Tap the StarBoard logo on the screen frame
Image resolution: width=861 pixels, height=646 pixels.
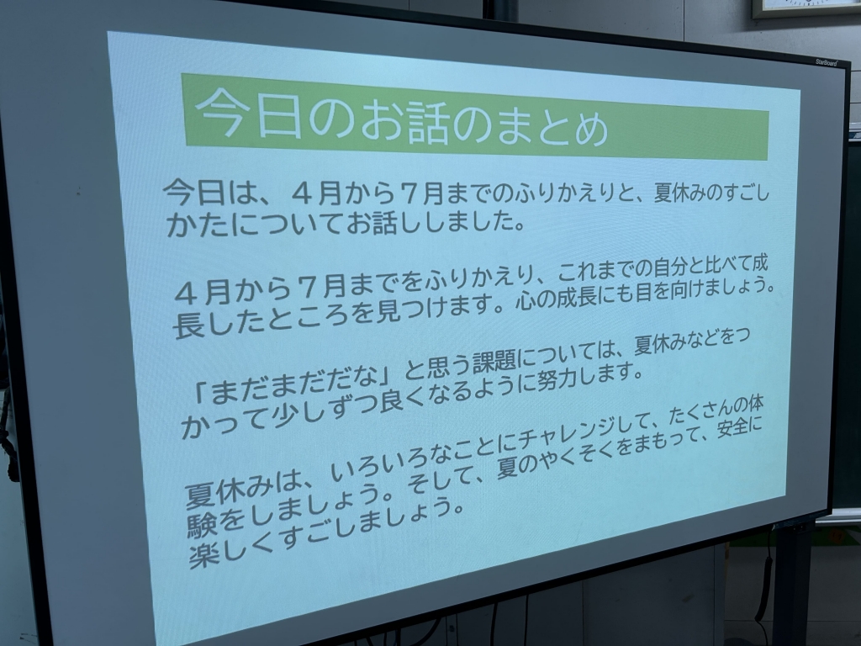point(826,62)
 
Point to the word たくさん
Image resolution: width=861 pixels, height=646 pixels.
point(694,416)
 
